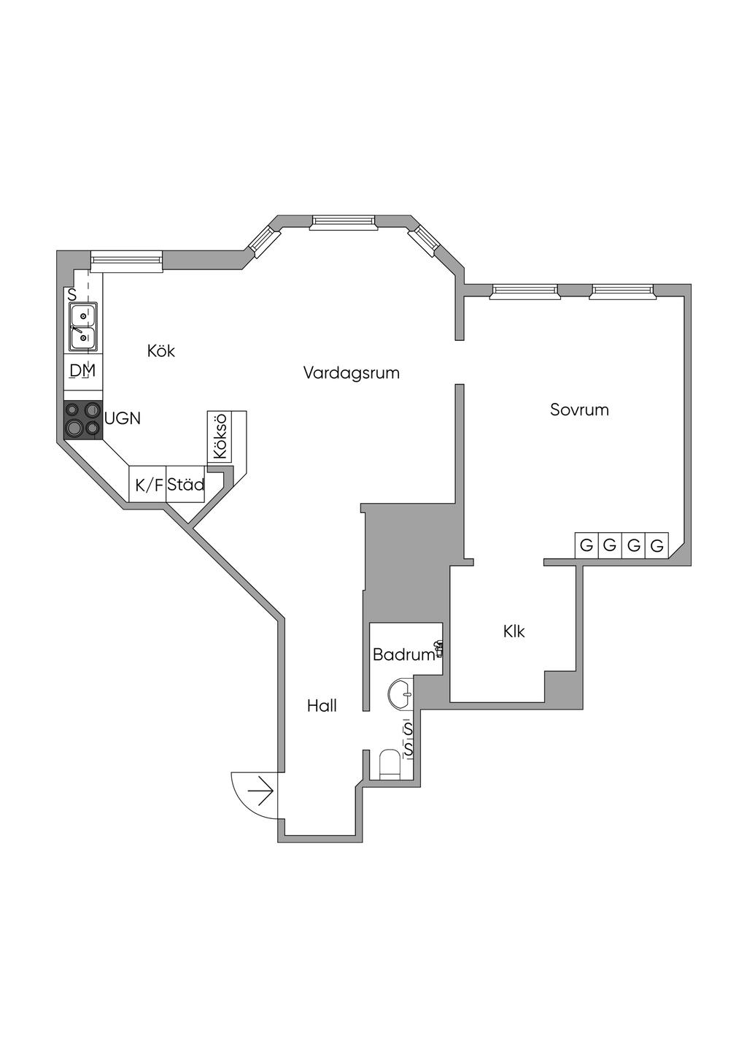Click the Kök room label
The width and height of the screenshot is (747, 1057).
click(x=161, y=351)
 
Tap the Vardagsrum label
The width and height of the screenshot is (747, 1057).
click(x=351, y=373)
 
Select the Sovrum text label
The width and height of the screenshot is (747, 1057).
click(x=579, y=410)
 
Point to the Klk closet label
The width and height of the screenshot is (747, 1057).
click(x=514, y=631)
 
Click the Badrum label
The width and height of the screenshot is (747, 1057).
click(x=403, y=655)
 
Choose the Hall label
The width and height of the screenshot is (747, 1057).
click(x=322, y=706)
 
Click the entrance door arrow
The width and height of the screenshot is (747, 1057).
click(x=260, y=790)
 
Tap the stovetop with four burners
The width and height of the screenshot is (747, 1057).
click(x=82, y=420)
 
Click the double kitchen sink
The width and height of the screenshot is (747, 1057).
click(x=83, y=327)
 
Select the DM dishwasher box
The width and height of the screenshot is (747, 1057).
click(x=82, y=371)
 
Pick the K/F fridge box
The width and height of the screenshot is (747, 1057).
click(x=148, y=485)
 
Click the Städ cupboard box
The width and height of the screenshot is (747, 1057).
click(x=185, y=485)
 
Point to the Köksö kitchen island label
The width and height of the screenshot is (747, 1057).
click(x=220, y=437)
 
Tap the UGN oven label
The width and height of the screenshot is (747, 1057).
click(x=123, y=419)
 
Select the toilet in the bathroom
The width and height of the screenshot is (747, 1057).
click(x=390, y=764)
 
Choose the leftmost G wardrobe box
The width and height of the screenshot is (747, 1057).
click(x=586, y=545)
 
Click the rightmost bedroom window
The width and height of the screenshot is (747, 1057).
click(x=623, y=291)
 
